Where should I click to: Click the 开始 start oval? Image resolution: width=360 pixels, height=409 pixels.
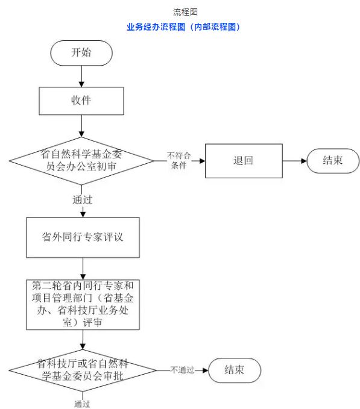81,53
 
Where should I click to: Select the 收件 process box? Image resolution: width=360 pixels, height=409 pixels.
81,101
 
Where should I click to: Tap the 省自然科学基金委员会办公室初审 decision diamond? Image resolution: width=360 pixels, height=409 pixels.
81,161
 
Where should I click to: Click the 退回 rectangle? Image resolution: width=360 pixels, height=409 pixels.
244,161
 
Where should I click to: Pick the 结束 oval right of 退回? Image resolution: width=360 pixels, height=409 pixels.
333,161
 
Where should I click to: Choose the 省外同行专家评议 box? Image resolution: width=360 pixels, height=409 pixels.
83,237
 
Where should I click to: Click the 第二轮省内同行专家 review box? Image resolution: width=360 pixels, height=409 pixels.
83,305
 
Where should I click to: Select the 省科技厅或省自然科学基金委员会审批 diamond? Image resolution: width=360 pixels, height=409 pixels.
83,370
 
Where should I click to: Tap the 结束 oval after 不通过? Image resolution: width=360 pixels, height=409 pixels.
235,370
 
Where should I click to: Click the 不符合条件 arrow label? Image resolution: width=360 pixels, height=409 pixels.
179,160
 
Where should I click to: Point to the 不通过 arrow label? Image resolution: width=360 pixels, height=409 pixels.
182,370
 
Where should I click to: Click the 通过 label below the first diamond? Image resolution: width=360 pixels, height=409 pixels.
83,200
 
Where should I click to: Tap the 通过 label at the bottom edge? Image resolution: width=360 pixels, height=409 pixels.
82,404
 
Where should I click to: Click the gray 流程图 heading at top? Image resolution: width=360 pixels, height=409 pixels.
185,12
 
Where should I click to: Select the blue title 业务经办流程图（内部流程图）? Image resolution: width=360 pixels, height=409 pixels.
183,27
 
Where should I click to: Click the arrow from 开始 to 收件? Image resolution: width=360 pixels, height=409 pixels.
81,76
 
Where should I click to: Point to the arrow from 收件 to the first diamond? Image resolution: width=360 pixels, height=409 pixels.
81,126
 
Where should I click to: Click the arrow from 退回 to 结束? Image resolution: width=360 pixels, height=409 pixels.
295,161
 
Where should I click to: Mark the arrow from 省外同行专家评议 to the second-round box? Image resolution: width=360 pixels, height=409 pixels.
83,269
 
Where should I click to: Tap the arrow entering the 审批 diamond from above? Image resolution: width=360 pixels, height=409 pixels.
83,340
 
